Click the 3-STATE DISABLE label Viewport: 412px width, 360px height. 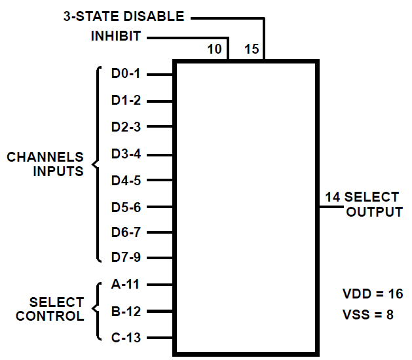point(124,16)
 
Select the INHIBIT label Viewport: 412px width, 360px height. point(116,36)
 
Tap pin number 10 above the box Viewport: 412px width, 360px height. point(214,49)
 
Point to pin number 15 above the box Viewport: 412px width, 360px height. point(252,49)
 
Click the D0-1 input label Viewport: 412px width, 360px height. point(126,73)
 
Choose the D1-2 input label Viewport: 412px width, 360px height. point(126,100)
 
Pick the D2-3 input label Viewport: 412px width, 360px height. point(126,127)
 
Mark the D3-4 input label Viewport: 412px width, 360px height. point(126,154)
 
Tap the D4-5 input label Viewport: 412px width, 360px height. point(126,181)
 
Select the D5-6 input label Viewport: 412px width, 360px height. point(126,207)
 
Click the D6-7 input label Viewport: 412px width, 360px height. point(126,232)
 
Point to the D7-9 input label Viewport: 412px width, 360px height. point(126,257)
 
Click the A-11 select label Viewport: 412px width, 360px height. point(125,284)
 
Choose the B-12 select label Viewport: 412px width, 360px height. point(126,312)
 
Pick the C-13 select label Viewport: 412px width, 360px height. point(126,337)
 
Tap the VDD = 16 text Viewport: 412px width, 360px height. point(373,294)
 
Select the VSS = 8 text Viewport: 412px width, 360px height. point(368,314)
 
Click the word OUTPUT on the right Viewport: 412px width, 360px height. point(375,211)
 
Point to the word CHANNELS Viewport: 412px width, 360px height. point(45,157)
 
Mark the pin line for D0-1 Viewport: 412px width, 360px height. point(160,75)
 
